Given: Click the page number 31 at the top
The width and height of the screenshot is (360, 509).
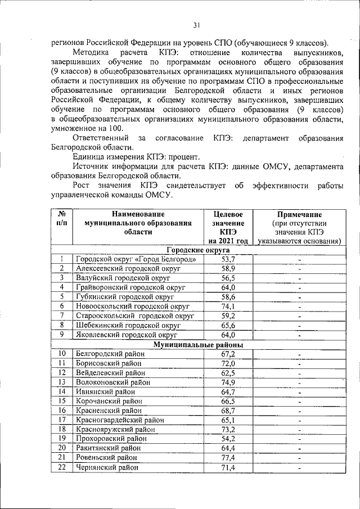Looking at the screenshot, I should click(196, 25).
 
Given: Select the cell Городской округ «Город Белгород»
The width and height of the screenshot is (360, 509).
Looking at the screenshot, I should click(136, 259).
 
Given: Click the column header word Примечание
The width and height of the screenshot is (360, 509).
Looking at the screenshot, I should click(299, 214).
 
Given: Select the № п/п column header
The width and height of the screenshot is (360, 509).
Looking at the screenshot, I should click(62, 219).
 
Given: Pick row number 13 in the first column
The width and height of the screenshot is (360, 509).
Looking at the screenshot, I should click(62, 382).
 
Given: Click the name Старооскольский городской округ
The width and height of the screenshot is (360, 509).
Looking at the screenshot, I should click(136, 316).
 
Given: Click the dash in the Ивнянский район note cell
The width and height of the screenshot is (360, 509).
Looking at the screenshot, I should click(300, 393).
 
